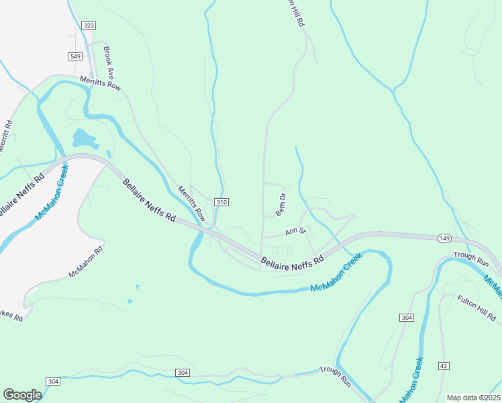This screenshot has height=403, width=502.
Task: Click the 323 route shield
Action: pos(89,26)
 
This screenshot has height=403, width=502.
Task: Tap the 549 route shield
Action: pos(75,56)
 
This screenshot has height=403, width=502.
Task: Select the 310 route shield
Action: pos(222,202)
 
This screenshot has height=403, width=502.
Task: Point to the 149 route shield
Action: pos(444,238)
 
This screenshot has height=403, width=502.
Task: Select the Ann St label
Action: pos(295,232)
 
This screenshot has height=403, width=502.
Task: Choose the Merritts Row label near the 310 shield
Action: pos(191,204)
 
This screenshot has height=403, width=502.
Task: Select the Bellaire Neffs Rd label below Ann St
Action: pos(292,259)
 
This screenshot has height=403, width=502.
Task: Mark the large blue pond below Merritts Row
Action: pos(83,138)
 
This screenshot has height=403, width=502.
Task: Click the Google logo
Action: pos(22,395)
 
